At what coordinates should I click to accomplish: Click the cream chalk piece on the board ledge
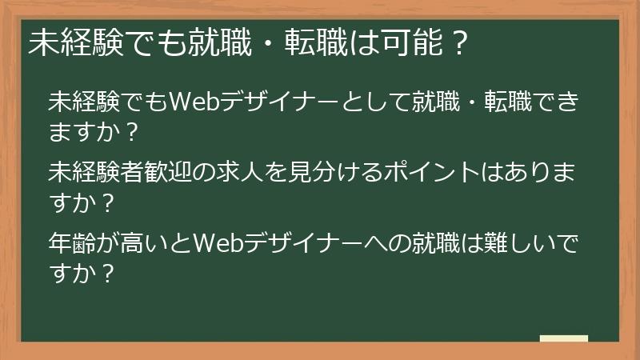(x=564, y=339)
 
